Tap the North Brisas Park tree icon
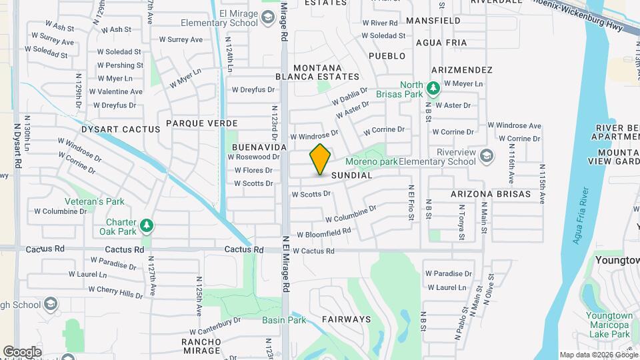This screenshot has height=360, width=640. pos(433,87)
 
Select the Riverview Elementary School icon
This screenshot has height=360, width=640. pos(487,155)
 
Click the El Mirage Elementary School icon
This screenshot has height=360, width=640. pos(268,17)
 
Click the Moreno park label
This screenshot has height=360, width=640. pos(371,161)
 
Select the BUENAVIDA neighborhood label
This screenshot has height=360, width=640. pos(259,147)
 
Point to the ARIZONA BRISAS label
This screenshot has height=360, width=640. pos(490,195)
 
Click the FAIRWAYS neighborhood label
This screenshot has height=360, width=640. pos(346,319)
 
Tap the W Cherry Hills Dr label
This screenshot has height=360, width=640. pos(115,291)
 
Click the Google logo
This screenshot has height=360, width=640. pos(22,352)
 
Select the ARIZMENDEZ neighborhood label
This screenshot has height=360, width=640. pos(461,70)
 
